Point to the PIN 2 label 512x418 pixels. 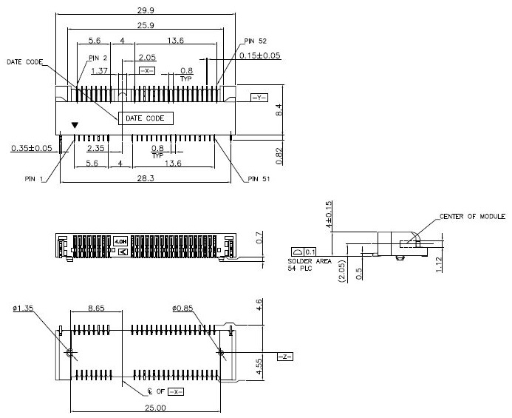[x=98, y=57]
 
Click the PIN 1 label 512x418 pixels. [x=34, y=178]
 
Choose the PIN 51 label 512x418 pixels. [x=260, y=178]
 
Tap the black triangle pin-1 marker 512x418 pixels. [x=72, y=127]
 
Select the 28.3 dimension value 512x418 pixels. [x=146, y=178]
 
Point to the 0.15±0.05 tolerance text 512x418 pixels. [x=259, y=55]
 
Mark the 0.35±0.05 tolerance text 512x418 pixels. [x=31, y=149]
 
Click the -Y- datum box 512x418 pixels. [x=259, y=98]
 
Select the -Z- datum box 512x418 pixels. [x=284, y=357]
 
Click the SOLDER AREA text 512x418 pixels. [x=308, y=263]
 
